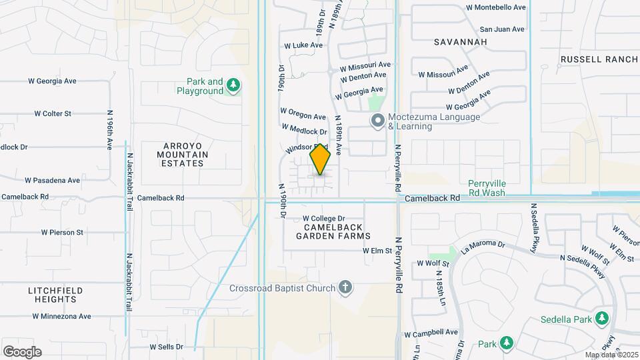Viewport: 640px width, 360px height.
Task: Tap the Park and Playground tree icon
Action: (x=233, y=85)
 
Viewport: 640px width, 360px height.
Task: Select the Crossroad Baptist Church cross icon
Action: (x=345, y=288)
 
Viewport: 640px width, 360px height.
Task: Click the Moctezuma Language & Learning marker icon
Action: (x=378, y=121)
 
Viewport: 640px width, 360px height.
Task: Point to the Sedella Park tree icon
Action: (x=602, y=319)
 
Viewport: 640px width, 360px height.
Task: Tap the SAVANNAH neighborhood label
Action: (x=461, y=42)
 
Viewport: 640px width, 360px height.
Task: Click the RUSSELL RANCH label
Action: (x=599, y=59)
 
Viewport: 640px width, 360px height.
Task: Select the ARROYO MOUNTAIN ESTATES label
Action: (x=183, y=154)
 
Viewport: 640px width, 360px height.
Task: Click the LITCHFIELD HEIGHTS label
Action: (x=55, y=295)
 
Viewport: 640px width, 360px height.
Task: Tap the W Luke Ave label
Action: (x=303, y=46)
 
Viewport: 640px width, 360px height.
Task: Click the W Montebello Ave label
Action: (x=496, y=7)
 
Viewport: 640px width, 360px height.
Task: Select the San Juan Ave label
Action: (x=502, y=29)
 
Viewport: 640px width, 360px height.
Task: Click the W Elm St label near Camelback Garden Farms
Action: (x=377, y=251)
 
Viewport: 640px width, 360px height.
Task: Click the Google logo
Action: (x=22, y=351)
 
